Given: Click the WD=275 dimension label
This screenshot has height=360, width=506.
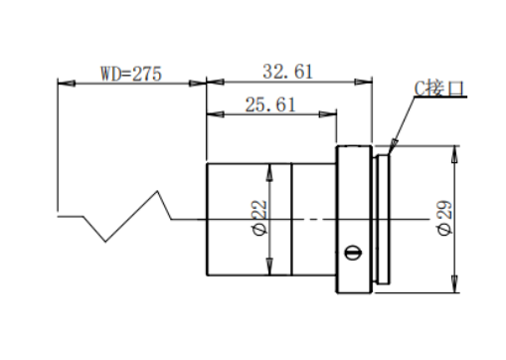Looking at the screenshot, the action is click(x=131, y=74).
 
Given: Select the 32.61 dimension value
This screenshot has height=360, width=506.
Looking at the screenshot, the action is click(x=287, y=72).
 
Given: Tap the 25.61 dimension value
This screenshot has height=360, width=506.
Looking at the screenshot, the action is click(x=270, y=104).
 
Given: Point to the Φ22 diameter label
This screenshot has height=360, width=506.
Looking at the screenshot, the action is click(x=259, y=218).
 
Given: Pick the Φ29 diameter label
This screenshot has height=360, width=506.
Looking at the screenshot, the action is click(x=444, y=218).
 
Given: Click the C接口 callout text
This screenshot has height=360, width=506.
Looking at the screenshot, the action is click(x=439, y=89).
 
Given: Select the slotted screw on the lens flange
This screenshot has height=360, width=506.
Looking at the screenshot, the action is click(x=353, y=253).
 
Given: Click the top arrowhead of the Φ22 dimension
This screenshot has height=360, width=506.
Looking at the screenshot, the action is click(x=269, y=172).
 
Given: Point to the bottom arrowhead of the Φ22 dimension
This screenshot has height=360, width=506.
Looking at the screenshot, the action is click(x=269, y=267).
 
